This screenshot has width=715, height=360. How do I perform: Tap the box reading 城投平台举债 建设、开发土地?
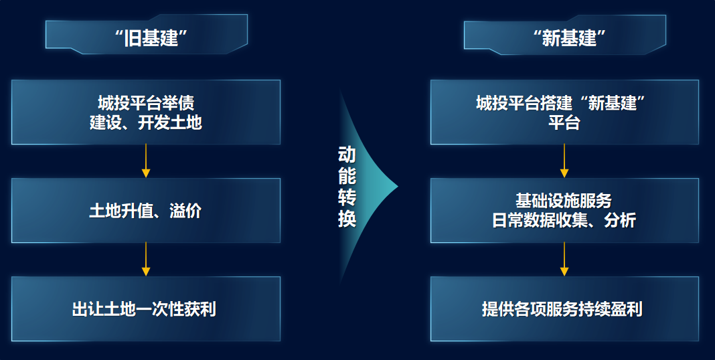pos(146,112)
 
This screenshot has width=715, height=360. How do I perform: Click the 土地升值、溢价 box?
pos(146,211)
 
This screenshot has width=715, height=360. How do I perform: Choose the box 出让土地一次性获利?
pos(146,309)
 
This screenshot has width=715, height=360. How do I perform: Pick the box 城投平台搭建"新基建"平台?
pos(564,112)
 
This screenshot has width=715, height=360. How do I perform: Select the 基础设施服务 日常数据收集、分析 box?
pos(564,211)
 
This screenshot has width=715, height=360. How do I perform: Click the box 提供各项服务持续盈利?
pos(564,309)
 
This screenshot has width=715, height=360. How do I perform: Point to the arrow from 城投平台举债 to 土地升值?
pos(146,161)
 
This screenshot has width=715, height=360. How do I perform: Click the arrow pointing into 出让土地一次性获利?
pos(146,260)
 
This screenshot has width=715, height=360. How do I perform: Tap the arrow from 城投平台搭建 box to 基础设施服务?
pos(564,161)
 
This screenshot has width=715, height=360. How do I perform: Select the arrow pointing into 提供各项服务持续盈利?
pos(564,260)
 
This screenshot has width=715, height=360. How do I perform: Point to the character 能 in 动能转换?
pos(347,177)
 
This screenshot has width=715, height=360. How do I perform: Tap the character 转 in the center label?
pos(347,198)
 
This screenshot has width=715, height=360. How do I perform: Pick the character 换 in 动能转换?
pos(347,219)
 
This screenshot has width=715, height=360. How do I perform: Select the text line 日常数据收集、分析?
pos(564,220)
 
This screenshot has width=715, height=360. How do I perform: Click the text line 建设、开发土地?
pos(146,122)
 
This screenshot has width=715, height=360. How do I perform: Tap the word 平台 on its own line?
pos(564,122)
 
